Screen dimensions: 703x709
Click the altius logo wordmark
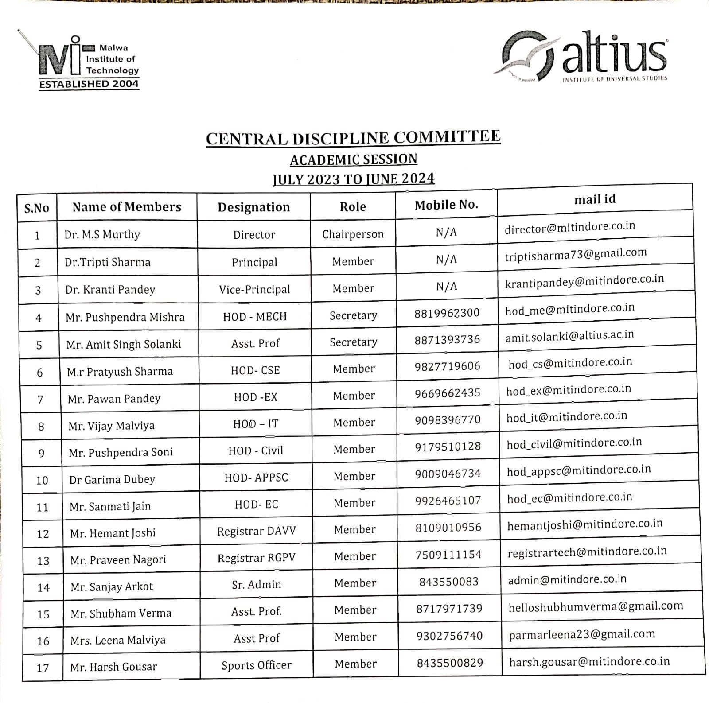[x=614, y=54]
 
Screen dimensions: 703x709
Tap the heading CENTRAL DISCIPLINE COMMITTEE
[x=353, y=138]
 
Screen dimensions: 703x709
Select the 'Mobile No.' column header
[x=446, y=205]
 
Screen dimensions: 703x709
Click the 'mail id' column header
[x=595, y=199]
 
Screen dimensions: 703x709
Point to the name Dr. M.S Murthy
[x=102, y=234]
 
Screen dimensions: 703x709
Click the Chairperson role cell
[x=353, y=234]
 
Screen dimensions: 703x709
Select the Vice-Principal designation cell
[x=254, y=290]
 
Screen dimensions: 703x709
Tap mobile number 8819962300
[x=447, y=313]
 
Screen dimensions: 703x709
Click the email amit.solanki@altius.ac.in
[x=569, y=336]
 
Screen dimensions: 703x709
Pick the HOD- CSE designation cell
[x=255, y=370]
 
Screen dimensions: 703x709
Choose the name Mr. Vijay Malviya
[x=111, y=426]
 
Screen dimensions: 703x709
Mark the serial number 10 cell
[x=42, y=480]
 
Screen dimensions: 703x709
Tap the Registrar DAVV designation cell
[x=256, y=531]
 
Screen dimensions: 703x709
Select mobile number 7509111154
[x=448, y=555]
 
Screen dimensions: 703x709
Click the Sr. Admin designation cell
[x=256, y=585]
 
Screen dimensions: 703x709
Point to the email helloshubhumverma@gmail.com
[x=596, y=606]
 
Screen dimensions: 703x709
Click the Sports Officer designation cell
[x=256, y=665]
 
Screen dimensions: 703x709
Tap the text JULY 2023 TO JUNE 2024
[x=353, y=179]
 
